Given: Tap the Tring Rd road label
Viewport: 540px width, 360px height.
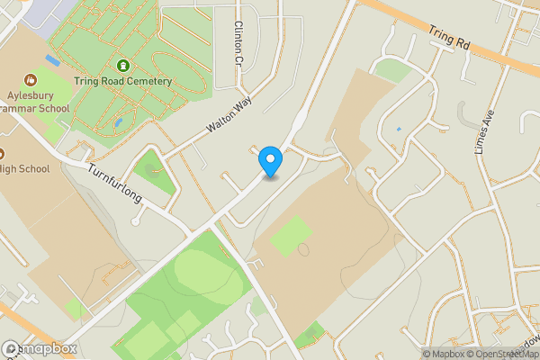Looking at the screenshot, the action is coord(450,37).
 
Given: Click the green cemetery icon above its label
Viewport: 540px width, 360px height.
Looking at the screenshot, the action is coord(123,66).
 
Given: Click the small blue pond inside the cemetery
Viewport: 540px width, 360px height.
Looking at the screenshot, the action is coord(118,122).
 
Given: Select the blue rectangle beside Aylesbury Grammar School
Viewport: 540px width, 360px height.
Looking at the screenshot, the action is coord(52,60).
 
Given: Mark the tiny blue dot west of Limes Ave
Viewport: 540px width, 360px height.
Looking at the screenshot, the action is coord(399,129).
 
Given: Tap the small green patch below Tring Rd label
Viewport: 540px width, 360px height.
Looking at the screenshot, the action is coord(391,70).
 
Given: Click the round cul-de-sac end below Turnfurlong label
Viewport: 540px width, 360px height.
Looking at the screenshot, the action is coord(135,220).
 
